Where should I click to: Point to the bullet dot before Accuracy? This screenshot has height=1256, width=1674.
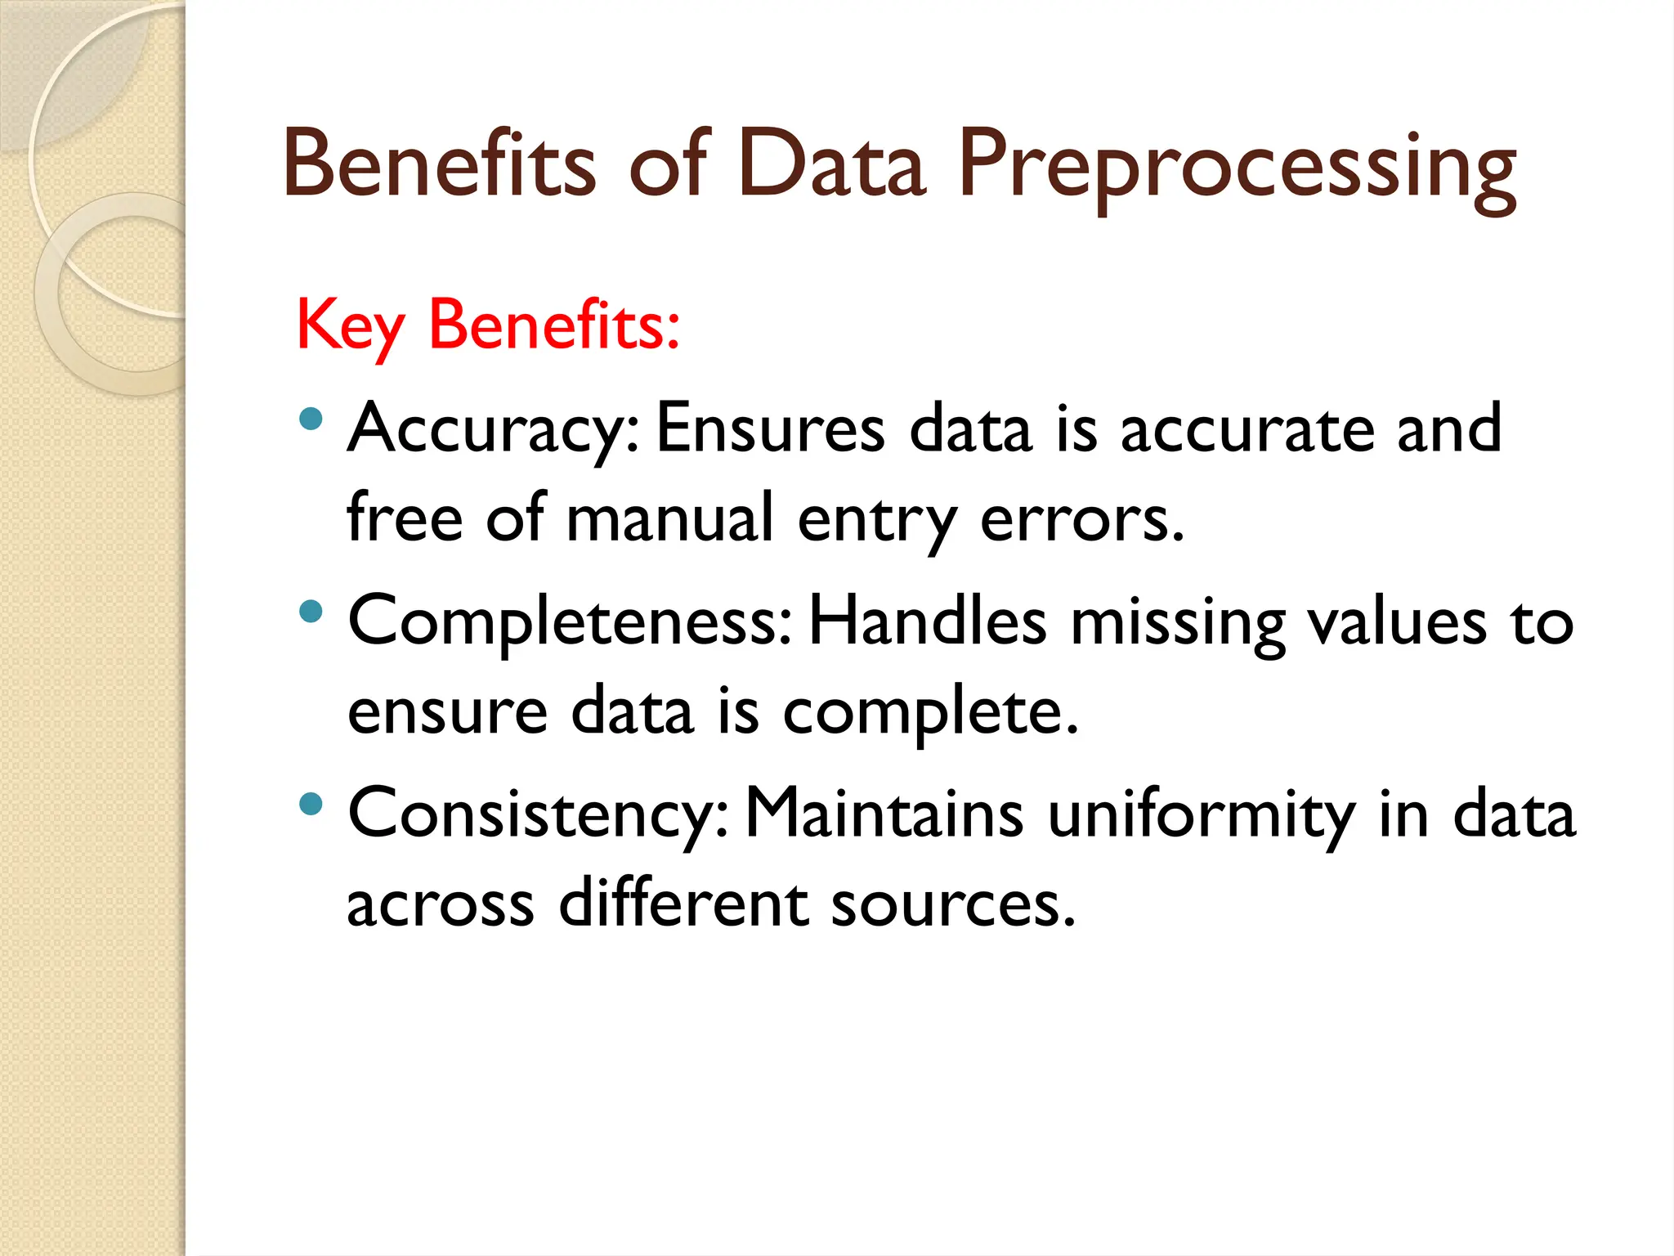tap(311, 419)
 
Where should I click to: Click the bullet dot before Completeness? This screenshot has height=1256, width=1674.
tap(311, 611)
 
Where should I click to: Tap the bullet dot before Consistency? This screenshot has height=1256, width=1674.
tap(311, 804)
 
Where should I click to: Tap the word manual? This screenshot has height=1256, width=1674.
tap(669, 518)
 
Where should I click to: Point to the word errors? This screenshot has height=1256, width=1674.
tap(1081, 520)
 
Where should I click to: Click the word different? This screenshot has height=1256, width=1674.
tap(683, 904)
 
